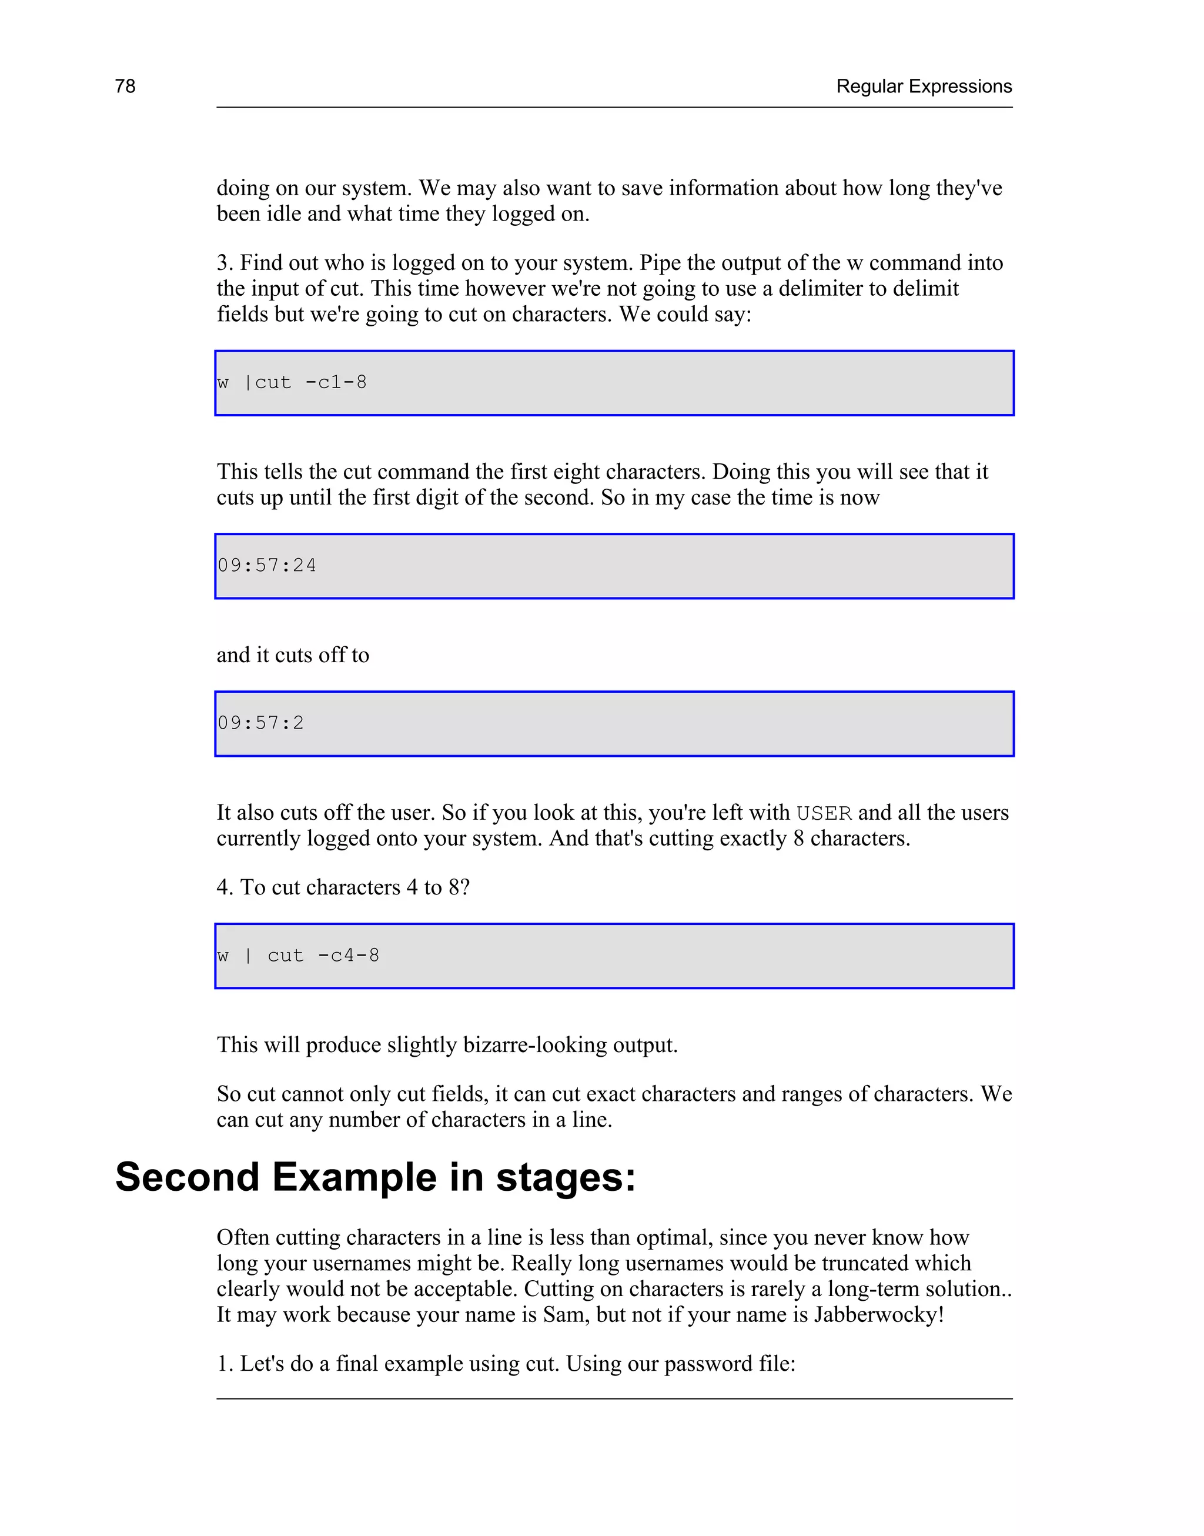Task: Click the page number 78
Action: tap(125, 86)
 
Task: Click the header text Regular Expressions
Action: tap(924, 86)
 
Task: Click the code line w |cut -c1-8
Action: tap(292, 382)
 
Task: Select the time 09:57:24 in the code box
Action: tap(266, 565)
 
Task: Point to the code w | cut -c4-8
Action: tap(298, 955)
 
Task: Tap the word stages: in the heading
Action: tap(566, 1177)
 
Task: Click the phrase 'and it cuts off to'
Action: tap(293, 655)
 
